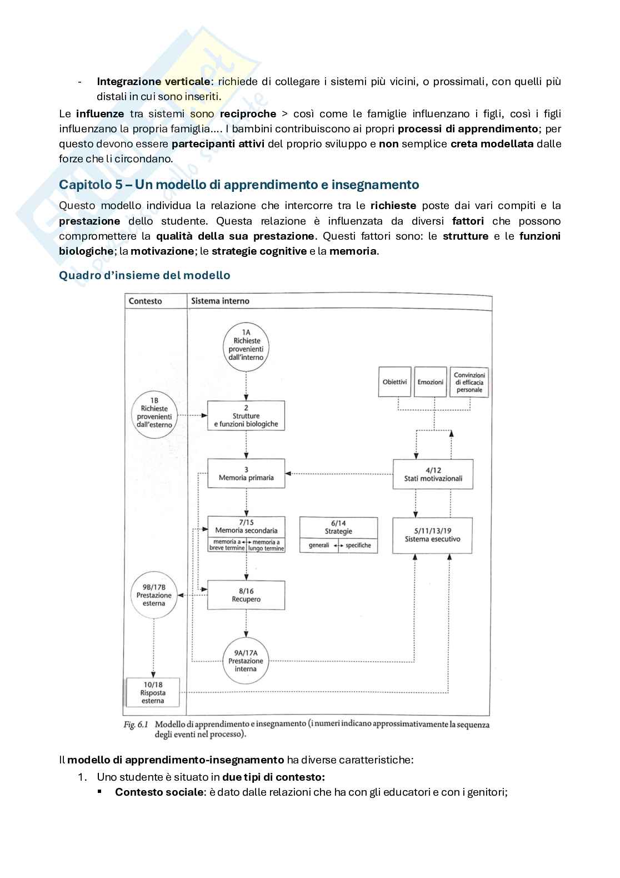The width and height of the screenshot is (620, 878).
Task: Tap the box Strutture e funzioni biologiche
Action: click(246, 416)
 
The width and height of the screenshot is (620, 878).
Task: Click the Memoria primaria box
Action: click(246, 474)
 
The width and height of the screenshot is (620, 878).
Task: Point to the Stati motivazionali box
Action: click(433, 474)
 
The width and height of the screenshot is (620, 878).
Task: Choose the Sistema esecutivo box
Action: click(432, 535)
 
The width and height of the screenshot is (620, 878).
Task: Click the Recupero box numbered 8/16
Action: click(246, 595)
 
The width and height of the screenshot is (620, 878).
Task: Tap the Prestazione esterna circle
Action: click(154, 595)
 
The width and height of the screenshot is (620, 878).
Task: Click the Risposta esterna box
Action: click(153, 693)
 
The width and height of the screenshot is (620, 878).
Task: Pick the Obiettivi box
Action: click(394, 382)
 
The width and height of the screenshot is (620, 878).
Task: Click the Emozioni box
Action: click(431, 382)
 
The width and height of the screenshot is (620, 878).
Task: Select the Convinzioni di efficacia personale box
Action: click(469, 382)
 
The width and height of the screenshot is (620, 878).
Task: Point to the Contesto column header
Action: click(146, 301)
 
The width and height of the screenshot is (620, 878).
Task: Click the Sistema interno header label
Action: click(220, 301)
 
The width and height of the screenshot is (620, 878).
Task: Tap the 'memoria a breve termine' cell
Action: click(227, 545)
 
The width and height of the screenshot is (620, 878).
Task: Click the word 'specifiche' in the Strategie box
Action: click(358, 545)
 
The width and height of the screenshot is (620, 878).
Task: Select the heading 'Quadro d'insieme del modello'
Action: click(144, 275)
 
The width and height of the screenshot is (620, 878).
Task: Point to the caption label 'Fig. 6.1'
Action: click(136, 725)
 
